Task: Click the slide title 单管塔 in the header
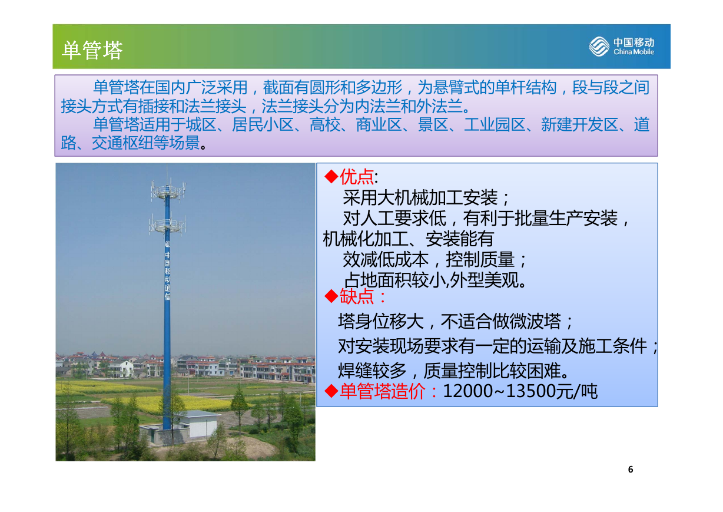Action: pos(92,50)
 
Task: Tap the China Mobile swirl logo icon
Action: pos(599,47)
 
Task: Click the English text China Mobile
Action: pos(634,52)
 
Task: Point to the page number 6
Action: pos(631,470)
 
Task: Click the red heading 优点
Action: pos(357,177)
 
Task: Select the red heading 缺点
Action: pos(357,296)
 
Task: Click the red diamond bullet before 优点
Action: pos(331,177)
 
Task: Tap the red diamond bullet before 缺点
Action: pos(331,296)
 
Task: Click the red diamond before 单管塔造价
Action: pos(331,391)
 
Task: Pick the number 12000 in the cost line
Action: pos(467,391)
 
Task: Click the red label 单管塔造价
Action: pos(383,391)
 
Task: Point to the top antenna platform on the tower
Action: pos(168,191)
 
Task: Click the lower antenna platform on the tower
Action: pos(167,224)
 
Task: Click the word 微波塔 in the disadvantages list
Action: pos(535,322)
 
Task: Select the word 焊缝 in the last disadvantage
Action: pos(354,371)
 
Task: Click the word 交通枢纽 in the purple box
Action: pos(122,143)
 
